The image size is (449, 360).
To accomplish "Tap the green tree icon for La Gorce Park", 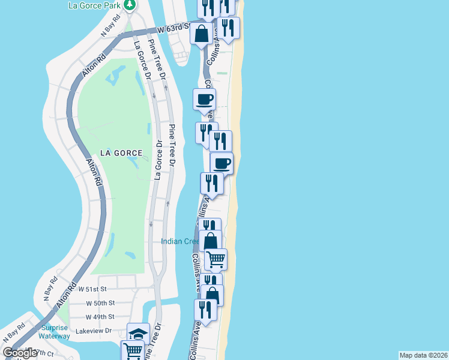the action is (130, 5).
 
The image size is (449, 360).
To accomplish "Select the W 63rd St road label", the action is (173, 28).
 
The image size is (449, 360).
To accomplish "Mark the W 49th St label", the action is (100, 317).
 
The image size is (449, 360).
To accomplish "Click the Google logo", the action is (20, 353).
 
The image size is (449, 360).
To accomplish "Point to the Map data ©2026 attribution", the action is (423, 355).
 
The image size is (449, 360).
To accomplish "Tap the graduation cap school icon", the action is (138, 334).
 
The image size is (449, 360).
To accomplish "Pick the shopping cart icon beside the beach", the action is (215, 259).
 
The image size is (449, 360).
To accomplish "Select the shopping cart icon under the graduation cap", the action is (131, 351).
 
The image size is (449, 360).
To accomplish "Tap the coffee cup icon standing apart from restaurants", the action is (204, 98).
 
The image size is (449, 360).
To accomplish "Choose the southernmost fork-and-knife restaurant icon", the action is (205, 310).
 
